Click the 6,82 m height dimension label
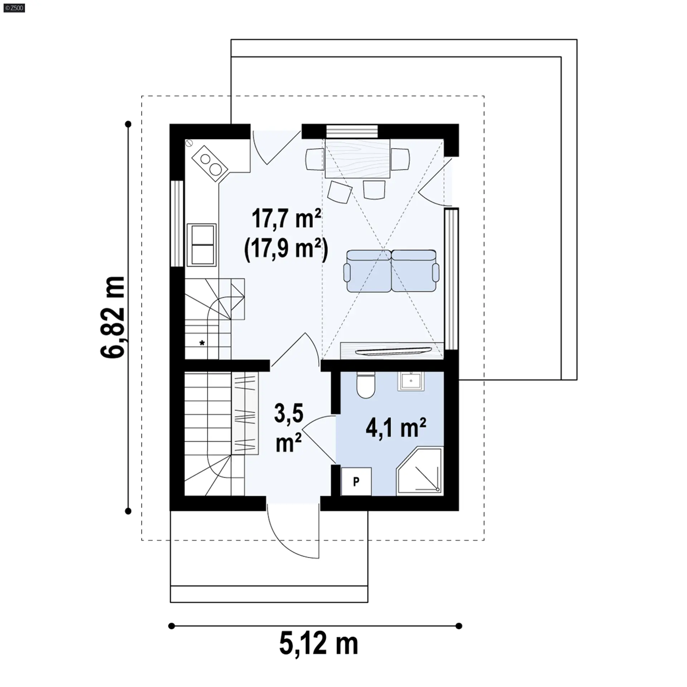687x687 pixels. coord(113,317)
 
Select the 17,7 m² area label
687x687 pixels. coord(286,219)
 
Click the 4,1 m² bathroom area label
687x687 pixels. coord(396,428)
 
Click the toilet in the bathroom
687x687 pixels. coord(366,385)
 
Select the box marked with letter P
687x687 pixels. coord(356,481)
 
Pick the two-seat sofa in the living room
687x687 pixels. coord(391,271)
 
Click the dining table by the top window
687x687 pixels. coord(357,159)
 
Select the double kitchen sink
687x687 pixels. coord(202,245)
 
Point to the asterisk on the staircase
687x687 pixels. coord(202,343)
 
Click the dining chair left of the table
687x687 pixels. coord(315,159)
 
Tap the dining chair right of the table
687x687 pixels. coord(400,159)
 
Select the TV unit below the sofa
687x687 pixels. coord(392,351)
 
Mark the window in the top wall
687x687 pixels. coord(352,131)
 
